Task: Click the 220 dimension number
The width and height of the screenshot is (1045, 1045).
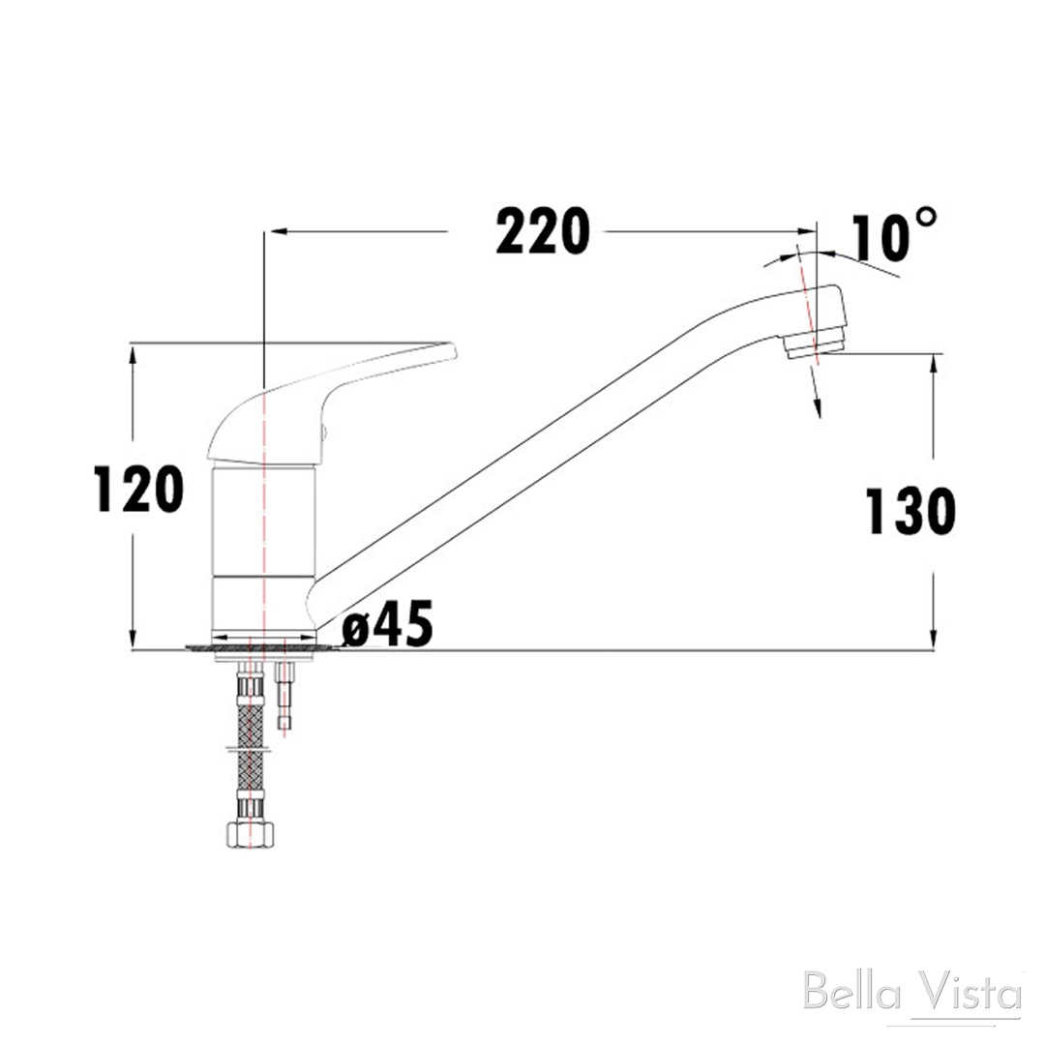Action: pos(542,232)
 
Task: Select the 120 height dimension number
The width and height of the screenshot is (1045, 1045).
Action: pos(139,488)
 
